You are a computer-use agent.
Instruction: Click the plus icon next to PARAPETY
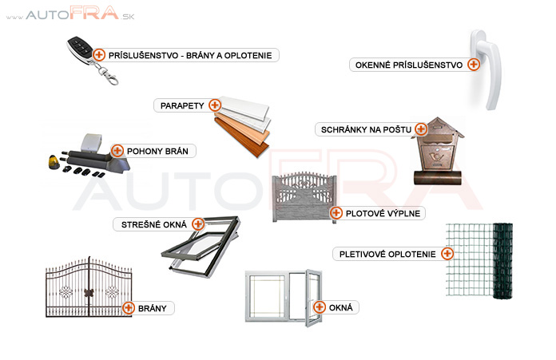click(x=214, y=105)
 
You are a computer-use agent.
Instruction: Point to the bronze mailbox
click(x=436, y=152)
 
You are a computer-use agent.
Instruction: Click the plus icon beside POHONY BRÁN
click(x=117, y=150)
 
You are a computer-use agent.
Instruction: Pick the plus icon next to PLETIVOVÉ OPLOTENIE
click(x=447, y=254)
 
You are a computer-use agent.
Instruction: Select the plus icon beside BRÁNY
click(x=128, y=307)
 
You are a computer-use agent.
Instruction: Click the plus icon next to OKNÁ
click(x=320, y=307)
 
